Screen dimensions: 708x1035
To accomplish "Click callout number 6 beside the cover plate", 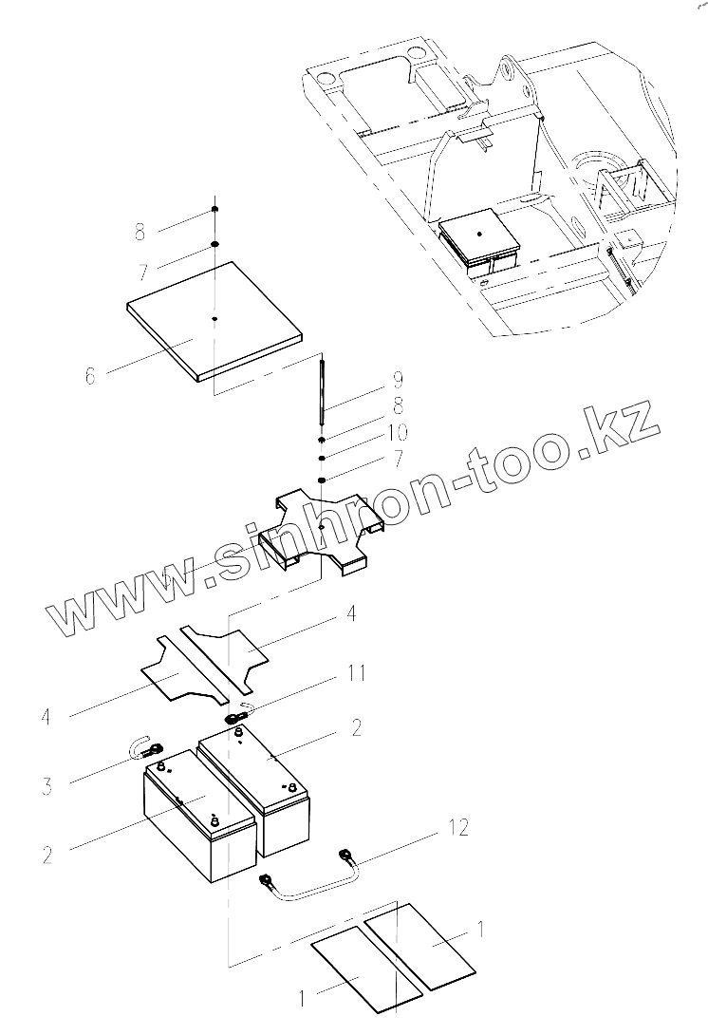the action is [90, 376].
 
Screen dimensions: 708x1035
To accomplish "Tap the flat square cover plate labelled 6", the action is [214, 324].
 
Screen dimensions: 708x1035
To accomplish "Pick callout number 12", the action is [457, 829].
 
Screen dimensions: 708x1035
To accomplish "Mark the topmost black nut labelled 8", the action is [215, 209].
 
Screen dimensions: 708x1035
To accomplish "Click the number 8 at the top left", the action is [140, 231].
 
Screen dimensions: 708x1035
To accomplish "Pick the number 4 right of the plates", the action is [351, 614].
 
